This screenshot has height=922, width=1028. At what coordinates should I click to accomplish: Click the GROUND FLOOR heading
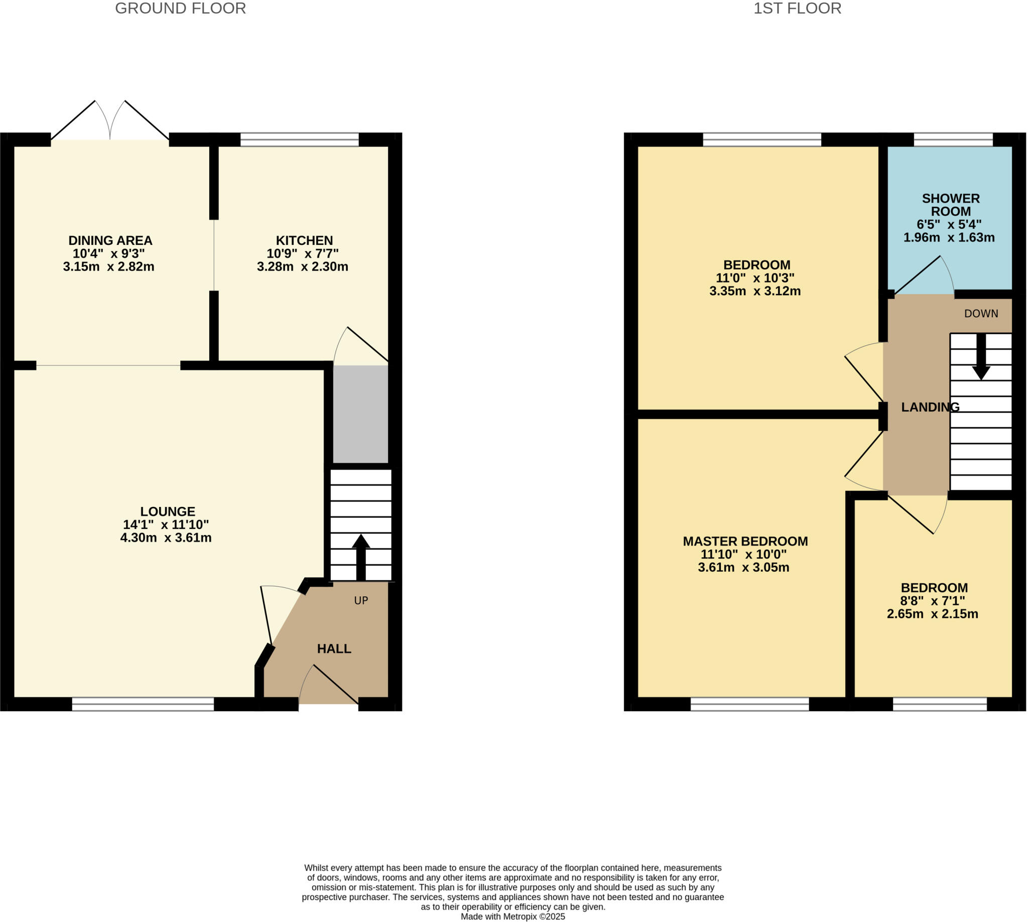[180, 9]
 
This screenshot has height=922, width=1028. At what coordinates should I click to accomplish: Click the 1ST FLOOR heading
[797, 9]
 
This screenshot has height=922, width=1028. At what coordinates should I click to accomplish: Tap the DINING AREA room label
[110, 240]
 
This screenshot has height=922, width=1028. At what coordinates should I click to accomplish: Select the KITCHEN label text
[304, 240]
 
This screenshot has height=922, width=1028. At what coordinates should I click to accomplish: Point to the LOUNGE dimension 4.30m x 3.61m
[166, 538]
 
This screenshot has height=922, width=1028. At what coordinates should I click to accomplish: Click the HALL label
[334, 648]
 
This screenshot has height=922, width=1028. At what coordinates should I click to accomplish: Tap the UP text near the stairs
[361, 600]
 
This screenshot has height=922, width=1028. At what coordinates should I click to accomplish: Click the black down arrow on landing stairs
[981, 357]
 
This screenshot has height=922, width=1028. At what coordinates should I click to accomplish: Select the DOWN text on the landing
[981, 314]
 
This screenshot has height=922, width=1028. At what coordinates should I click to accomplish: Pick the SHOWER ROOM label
[951, 205]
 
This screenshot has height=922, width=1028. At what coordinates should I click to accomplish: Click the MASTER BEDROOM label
[745, 541]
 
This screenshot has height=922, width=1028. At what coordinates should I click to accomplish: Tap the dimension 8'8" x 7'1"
[932, 601]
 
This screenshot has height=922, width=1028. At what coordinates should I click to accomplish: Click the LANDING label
[930, 407]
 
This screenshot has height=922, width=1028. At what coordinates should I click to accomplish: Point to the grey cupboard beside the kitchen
[360, 414]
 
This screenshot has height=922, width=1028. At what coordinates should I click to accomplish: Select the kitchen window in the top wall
[299, 140]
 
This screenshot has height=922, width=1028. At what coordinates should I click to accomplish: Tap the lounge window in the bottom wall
[143, 704]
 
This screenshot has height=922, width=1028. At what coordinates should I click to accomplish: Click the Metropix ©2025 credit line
[512, 916]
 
